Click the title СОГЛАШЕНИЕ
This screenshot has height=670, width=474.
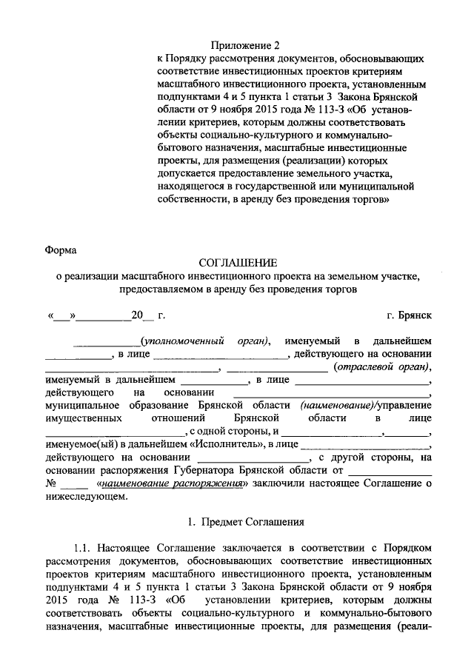237,263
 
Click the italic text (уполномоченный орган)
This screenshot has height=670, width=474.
207,341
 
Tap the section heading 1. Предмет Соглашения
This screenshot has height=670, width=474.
242,522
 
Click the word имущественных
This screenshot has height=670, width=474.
81,418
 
